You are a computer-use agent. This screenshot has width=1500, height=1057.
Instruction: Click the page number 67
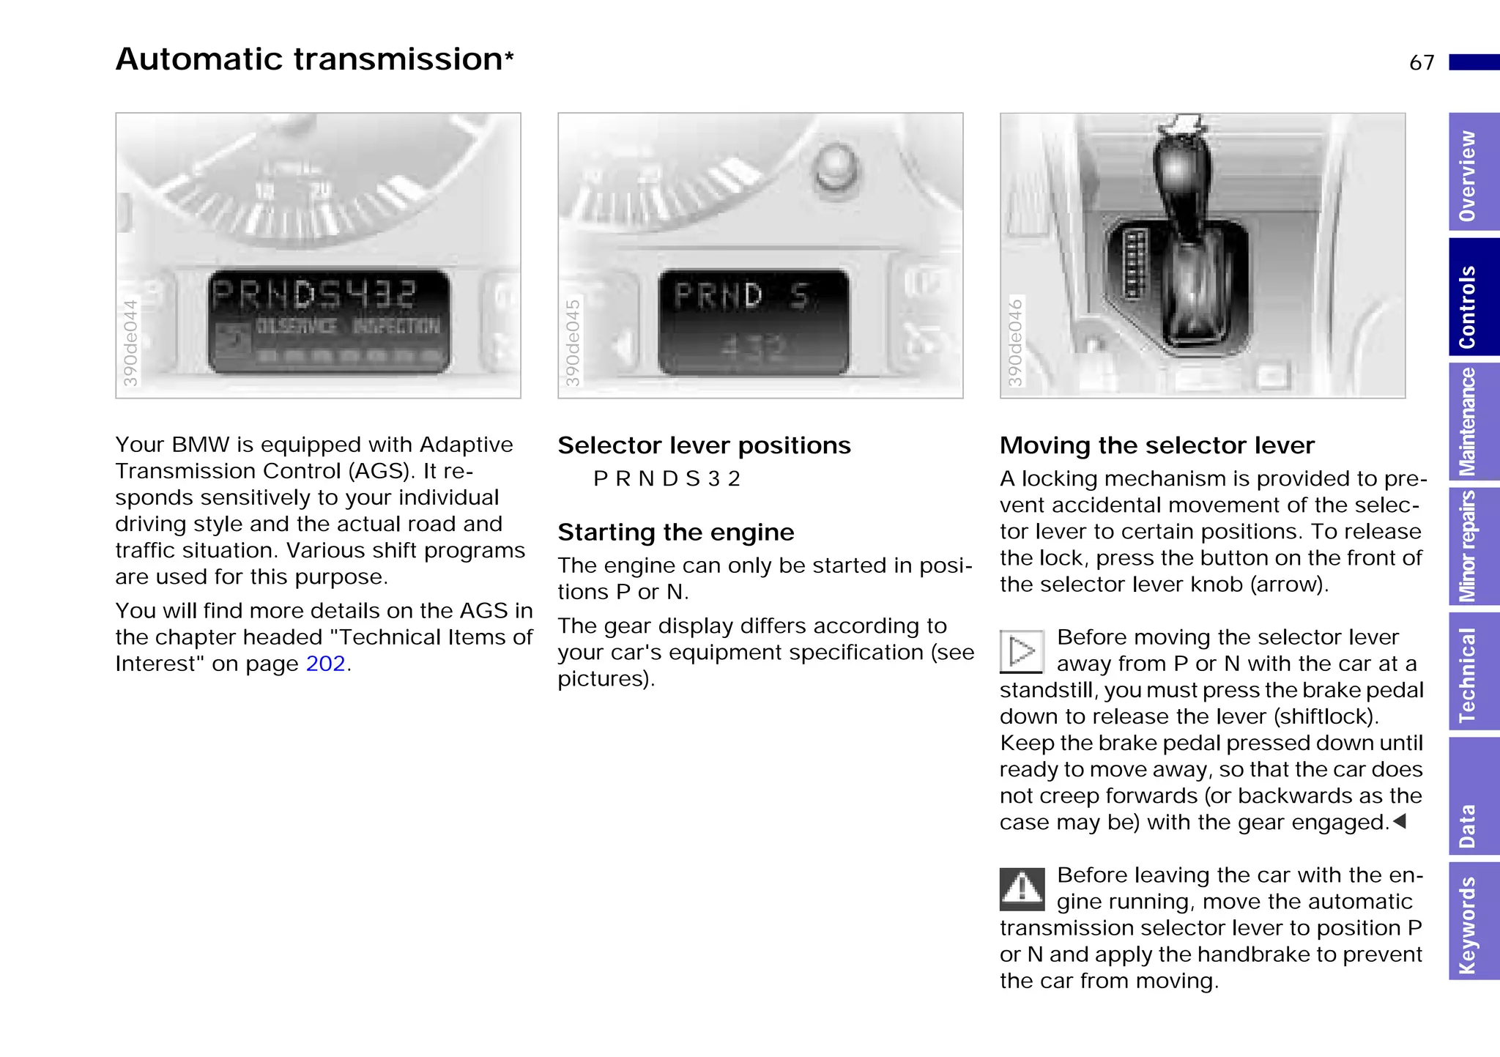[1421, 63]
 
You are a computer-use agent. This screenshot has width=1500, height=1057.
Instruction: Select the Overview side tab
[1473, 174]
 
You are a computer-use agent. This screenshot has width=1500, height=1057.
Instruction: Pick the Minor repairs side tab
[1473, 546]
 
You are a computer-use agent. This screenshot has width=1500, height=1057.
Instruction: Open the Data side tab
[1473, 796]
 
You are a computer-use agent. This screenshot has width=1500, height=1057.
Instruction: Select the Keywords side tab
[1473, 921]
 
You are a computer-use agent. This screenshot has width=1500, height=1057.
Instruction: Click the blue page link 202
[325, 664]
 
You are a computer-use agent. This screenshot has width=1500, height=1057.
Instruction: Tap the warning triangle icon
[1022, 889]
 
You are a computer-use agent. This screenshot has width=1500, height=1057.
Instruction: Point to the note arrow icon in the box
[1021, 650]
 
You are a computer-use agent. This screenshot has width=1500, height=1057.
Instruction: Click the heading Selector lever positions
[704, 445]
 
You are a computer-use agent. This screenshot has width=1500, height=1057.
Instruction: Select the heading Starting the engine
[675, 533]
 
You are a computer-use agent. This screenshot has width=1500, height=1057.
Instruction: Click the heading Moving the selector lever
[1156, 445]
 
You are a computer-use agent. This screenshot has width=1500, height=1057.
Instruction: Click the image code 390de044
[130, 343]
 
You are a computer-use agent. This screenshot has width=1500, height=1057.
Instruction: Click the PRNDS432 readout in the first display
[315, 295]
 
